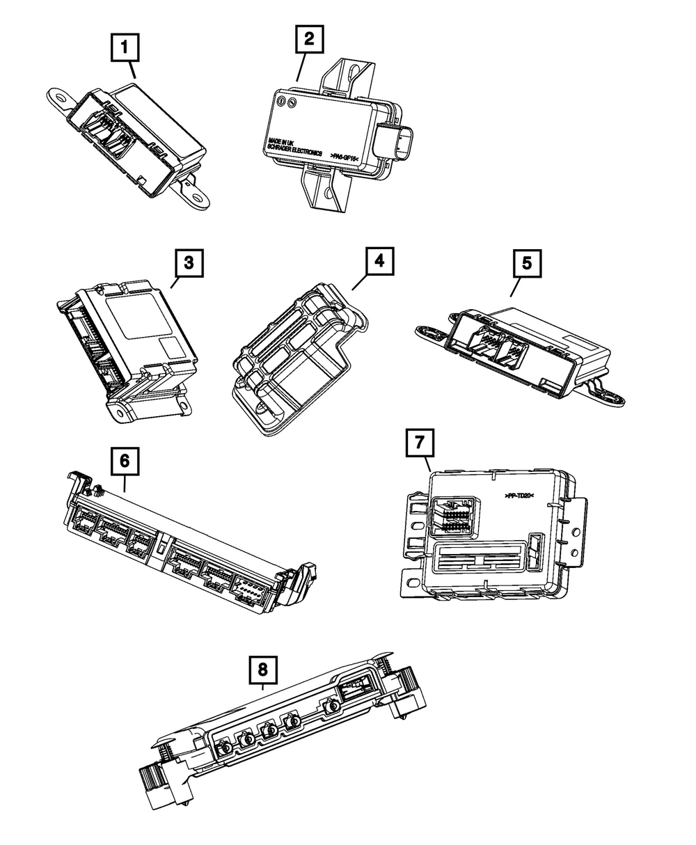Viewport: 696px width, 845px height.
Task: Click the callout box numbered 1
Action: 125,48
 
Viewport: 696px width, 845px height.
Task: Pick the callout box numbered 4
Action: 378,261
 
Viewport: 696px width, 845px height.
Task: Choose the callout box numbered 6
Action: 125,460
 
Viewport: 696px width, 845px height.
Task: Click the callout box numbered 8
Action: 262,670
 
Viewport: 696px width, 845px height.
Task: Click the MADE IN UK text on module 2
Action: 280,143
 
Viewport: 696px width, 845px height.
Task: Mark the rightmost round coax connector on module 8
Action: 334,707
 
